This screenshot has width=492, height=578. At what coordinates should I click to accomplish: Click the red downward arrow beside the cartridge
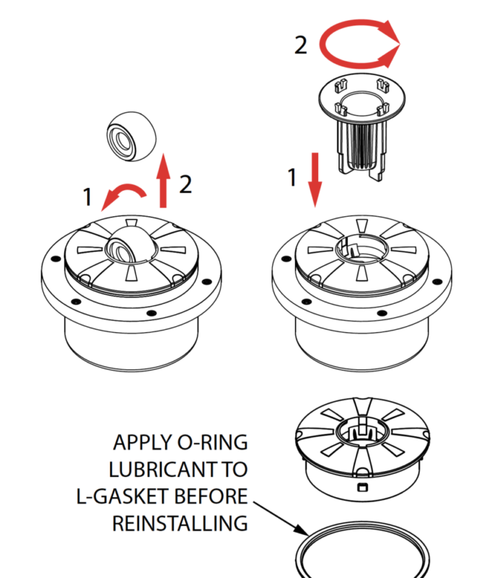(315, 178)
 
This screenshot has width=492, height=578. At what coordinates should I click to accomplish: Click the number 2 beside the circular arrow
(302, 46)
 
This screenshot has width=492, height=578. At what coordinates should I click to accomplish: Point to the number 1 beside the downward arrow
(292, 177)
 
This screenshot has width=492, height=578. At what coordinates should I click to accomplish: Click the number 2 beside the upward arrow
(185, 184)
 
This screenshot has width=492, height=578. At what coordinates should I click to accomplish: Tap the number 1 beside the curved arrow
(87, 196)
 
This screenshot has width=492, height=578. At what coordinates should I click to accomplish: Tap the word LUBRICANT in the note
(158, 469)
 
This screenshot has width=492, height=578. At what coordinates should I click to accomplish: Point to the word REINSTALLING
(180, 523)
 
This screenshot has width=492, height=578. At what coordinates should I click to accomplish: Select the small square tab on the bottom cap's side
(359, 488)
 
